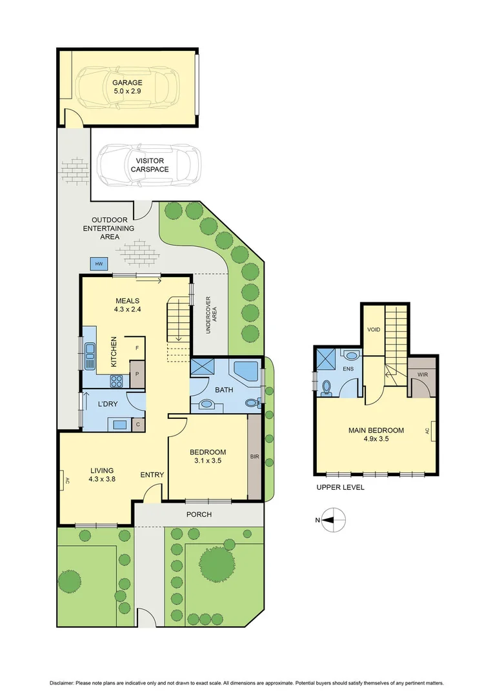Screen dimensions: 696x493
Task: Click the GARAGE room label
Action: [127, 87]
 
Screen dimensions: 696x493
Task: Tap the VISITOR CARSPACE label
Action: [150, 165]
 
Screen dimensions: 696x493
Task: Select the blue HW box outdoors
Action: [99, 264]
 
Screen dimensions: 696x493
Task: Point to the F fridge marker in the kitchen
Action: [137, 348]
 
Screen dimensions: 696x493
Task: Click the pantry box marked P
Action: [137, 374]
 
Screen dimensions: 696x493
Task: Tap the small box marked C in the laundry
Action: [137, 424]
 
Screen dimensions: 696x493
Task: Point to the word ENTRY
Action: [152, 475]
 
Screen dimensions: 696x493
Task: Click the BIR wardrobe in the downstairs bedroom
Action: [254, 457]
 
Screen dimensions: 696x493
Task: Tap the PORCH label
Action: [199, 514]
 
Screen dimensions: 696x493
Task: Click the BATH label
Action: [224, 391]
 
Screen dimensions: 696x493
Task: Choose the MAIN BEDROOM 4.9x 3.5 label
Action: [376, 435]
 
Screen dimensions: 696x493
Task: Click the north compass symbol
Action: [334, 519]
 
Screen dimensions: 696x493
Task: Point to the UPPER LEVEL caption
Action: [340, 487]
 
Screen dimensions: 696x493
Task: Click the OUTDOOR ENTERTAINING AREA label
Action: [109, 228]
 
